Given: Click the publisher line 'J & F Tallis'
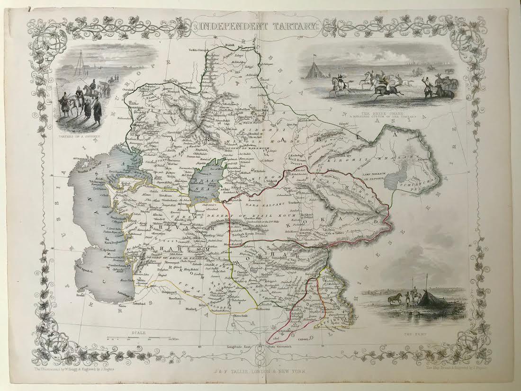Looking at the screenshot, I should pos(258,371).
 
